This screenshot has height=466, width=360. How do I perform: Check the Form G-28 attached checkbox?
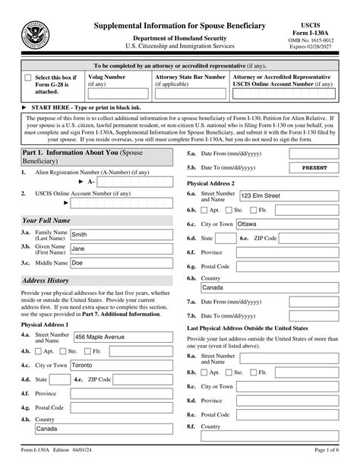[x=28, y=78]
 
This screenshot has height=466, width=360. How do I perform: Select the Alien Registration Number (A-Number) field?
[x=137, y=182]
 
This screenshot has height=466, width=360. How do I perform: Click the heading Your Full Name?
[x=46, y=220]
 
